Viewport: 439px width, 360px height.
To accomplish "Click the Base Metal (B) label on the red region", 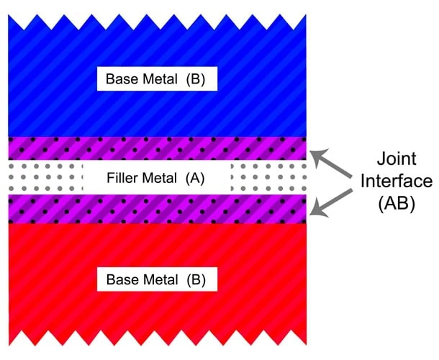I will [156, 279].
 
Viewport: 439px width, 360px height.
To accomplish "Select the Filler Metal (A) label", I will [156, 177].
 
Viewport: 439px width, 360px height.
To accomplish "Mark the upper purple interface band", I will [156, 148].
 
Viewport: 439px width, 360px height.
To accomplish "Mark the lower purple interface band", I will [156, 209].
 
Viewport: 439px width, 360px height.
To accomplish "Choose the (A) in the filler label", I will [196, 177].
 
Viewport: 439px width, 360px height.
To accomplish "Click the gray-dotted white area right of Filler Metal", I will [270, 177].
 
